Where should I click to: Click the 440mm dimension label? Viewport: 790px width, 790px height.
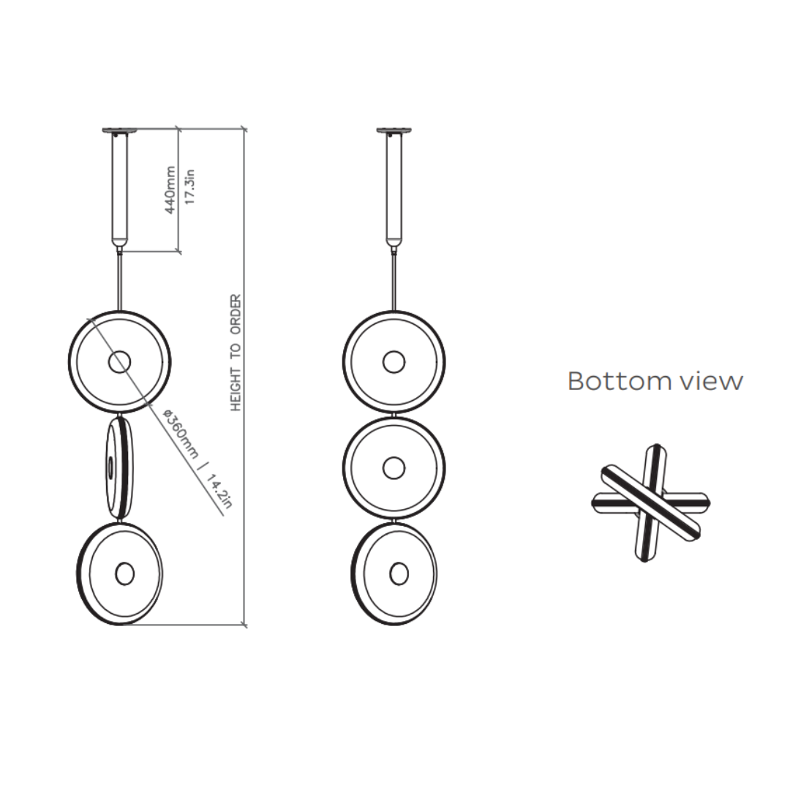pyautogui.click(x=170, y=190)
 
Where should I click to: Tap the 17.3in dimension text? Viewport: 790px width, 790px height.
pyautogui.click(x=189, y=188)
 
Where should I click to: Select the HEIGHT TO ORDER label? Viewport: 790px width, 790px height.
pyautogui.click(x=236, y=353)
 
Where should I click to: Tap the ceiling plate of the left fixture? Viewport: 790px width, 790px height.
pyautogui.click(x=119, y=131)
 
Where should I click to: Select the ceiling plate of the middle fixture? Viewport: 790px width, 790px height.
pyautogui.click(x=394, y=131)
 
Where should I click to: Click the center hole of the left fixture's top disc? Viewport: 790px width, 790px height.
pyautogui.click(x=119, y=361)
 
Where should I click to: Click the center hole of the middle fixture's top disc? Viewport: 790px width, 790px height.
pyautogui.click(x=394, y=361)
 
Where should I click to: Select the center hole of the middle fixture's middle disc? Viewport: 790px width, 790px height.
pyautogui.click(x=394, y=467)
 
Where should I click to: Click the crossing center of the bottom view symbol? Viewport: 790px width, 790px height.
pyautogui.click(x=650, y=503)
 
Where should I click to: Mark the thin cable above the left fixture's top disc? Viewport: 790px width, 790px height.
pyautogui.click(x=119, y=282)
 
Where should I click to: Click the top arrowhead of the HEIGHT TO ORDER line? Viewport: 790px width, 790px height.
pyautogui.click(x=244, y=132)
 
